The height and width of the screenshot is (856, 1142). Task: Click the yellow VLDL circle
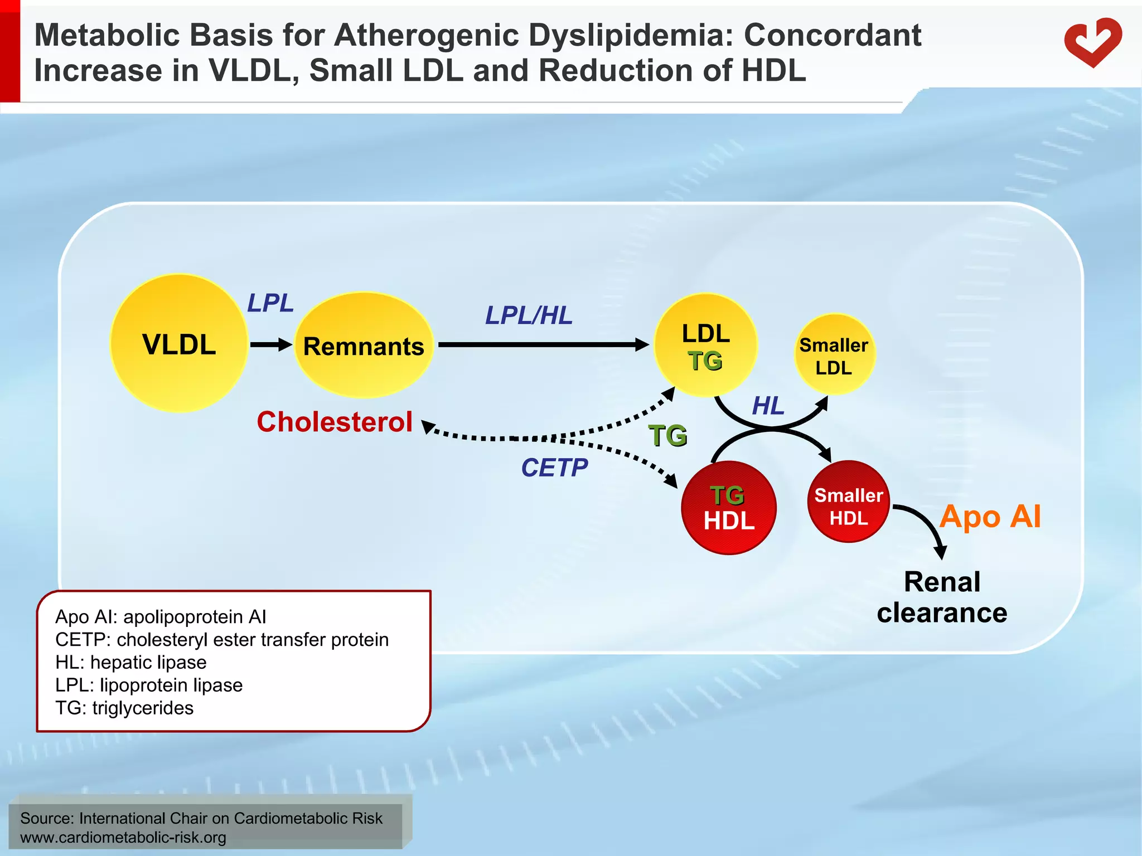point(179,343)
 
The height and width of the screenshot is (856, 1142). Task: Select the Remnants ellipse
point(364,346)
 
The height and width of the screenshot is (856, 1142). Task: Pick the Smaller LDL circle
point(834,355)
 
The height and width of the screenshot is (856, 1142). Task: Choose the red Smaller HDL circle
point(848,502)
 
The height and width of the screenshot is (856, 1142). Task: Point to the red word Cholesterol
point(335,422)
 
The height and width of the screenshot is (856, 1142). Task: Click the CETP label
point(554,468)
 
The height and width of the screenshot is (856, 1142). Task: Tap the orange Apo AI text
point(990,517)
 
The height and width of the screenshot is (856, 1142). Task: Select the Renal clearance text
point(942,597)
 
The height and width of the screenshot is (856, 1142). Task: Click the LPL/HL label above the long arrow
point(529,315)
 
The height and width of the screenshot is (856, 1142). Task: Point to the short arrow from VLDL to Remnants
point(271,345)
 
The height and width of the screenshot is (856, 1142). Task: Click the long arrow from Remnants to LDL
point(544,345)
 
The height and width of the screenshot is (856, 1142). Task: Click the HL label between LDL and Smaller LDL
point(768,406)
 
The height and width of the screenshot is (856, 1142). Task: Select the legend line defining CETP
point(222,640)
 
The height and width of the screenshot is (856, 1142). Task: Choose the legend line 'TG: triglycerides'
point(124,708)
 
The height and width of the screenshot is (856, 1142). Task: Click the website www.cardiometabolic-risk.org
point(123,838)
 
